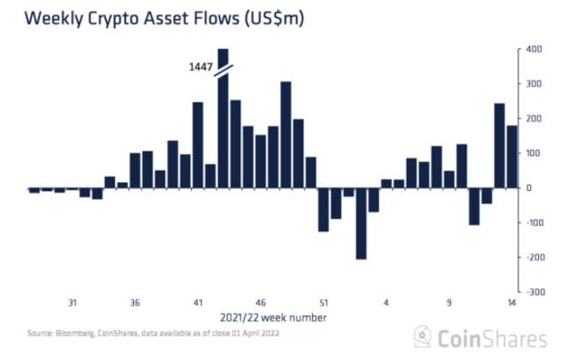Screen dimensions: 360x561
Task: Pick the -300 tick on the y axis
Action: coord(532,292)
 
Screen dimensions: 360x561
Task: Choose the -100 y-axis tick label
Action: coord(532,222)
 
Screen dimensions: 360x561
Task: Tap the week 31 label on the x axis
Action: coord(73,304)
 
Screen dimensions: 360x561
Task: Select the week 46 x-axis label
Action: coord(260,304)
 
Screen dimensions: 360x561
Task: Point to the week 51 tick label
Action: coord(323,304)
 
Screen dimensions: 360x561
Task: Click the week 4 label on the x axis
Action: coord(386,304)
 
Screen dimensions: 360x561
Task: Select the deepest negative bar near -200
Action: coord(360,223)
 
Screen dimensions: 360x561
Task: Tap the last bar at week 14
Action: coord(512,157)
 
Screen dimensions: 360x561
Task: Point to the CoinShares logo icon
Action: coord(424,337)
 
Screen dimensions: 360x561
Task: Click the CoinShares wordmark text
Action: coord(487,337)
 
